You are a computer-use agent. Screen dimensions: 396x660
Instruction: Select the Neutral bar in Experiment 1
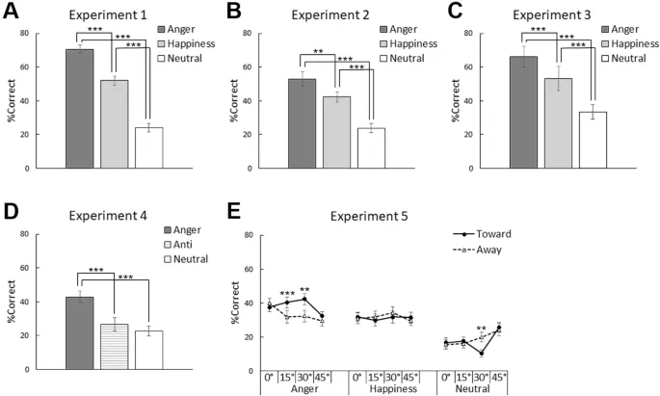coord(147,147)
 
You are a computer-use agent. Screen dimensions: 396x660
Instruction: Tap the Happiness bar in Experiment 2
coord(336,132)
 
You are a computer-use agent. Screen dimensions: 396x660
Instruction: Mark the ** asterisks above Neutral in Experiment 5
coord(481,330)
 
